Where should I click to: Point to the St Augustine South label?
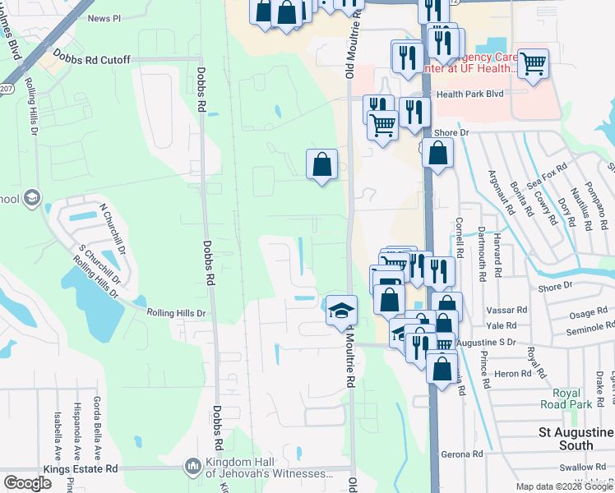[576, 438]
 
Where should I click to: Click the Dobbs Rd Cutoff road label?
[92, 58]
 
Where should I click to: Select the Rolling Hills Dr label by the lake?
[176, 313]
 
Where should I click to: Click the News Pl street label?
[104, 17]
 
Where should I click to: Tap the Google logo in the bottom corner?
[28, 482]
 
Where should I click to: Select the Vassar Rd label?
[512, 310]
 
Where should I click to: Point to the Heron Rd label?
[502, 373]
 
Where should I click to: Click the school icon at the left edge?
[31, 198]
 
